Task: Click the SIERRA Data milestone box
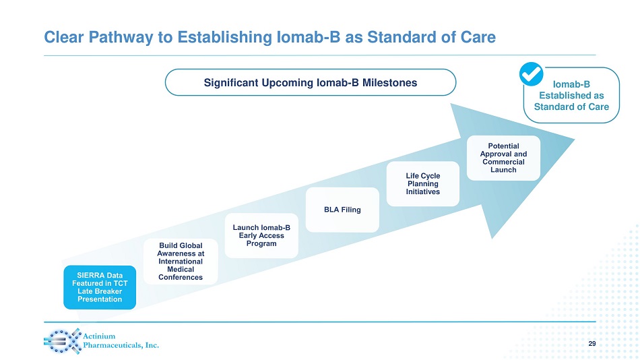pyautogui.click(x=100, y=287)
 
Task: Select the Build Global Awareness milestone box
pyautogui.click(x=180, y=261)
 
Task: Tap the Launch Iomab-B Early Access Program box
pyautogui.click(x=261, y=235)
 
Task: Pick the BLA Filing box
pyautogui.click(x=342, y=210)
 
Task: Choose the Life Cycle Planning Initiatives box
pyautogui.click(x=422, y=184)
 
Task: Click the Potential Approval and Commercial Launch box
pyautogui.click(x=503, y=158)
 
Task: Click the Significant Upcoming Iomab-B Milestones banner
pyautogui.click(x=311, y=83)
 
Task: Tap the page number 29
pyautogui.click(x=592, y=344)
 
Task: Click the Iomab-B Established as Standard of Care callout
pyautogui.click(x=571, y=96)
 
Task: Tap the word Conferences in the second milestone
pyautogui.click(x=180, y=277)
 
